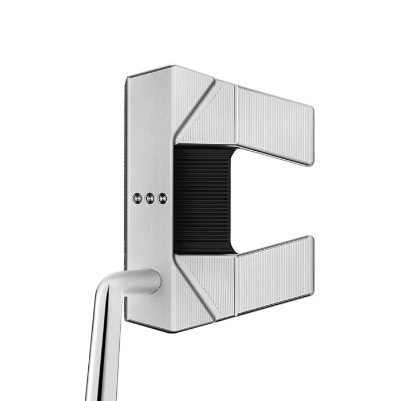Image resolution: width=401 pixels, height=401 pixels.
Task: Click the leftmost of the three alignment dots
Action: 136,198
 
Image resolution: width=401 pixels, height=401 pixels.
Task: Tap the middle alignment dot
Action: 150,198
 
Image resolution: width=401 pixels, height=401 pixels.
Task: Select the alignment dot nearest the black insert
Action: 163,198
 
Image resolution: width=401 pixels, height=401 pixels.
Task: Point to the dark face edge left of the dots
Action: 125,198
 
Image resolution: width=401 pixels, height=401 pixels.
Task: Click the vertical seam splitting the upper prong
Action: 235,115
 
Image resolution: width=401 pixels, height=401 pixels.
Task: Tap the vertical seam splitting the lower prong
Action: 235,283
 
